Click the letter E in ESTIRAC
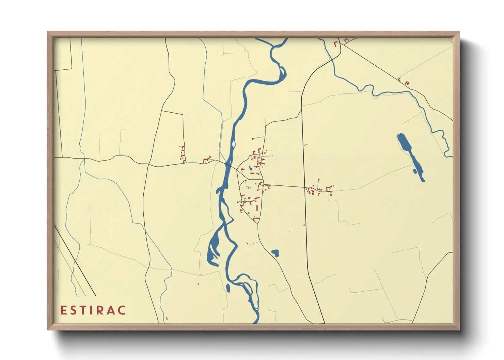(x=63, y=310)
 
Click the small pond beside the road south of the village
(x=275, y=253)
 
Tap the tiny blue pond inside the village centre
(x=250, y=168)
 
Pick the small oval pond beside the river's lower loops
(x=228, y=288)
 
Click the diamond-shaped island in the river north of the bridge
(x=233, y=145)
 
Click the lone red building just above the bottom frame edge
(x=167, y=318)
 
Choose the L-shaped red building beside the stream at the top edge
(x=335, y=44)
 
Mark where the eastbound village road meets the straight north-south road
(x=305, y=187)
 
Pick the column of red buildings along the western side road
(x=183, y=154)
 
